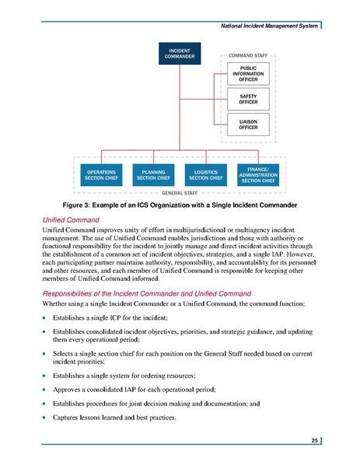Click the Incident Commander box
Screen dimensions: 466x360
coord(177,54)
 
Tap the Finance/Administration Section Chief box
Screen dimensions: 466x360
coord(258,174)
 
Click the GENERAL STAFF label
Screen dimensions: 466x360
coord(180,192)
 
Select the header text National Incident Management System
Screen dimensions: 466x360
coord(268,26)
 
